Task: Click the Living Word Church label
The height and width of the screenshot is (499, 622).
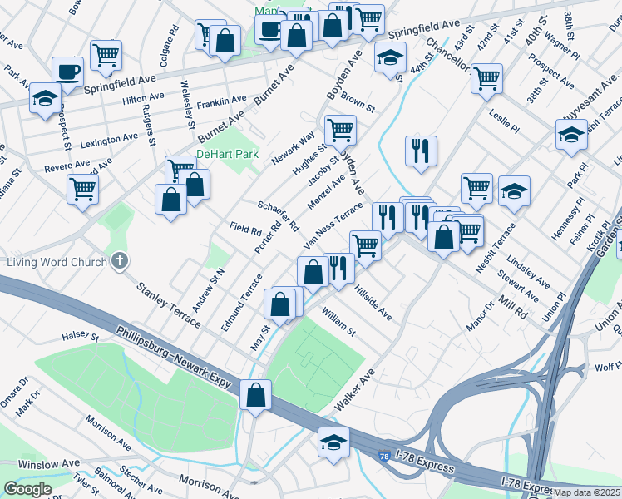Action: [57, 263]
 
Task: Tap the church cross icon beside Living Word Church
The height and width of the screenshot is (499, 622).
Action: [119, 262]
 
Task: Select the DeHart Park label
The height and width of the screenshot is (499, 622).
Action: [227, 155]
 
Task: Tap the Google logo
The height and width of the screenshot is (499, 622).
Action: [27, 489]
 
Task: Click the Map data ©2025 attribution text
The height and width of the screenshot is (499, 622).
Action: [586, 492]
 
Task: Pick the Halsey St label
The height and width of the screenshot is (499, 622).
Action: [80, 338]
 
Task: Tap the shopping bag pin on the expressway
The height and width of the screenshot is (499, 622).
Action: [255, 395]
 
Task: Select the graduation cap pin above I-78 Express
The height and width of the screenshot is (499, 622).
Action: [333, 442]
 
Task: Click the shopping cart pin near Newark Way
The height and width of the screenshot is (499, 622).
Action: [340, 130]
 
